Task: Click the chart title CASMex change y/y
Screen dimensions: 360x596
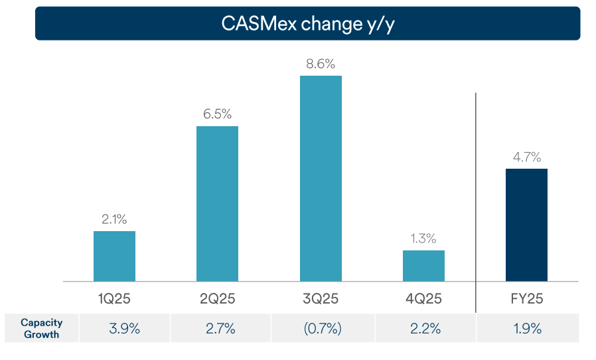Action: tap(307, 24)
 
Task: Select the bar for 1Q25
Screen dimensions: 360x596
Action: tap(114, 256)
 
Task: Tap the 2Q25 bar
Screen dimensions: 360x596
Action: tap(217, 203)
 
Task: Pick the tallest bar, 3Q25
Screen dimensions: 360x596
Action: tap(321, 178)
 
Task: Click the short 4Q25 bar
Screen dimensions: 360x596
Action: tap(423, 266)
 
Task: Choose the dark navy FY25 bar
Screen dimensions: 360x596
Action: tap(526, 225)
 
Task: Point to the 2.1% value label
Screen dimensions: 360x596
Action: tap(114, 219)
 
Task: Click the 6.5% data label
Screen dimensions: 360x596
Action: tap(217, 114)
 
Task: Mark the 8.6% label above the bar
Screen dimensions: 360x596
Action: tap(321, 64)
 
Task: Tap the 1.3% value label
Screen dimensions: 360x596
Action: tap(423, 238)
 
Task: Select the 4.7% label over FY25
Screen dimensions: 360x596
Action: tap(526, 157)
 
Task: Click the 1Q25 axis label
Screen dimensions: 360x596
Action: tap(114, 299)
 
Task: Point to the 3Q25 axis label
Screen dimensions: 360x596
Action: tap(321, 299)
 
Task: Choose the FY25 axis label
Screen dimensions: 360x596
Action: tap(526, 299)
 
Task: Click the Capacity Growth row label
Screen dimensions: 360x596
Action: tap(41, 328)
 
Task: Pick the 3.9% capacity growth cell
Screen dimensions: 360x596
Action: tap(124, 328)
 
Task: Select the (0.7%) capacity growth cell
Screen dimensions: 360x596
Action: tap(323, 328)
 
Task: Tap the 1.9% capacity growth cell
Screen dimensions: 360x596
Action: tap(527, 328)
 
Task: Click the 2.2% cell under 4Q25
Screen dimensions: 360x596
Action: tap(425, 328)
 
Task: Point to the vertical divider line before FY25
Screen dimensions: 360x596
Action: tap(476, 199)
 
